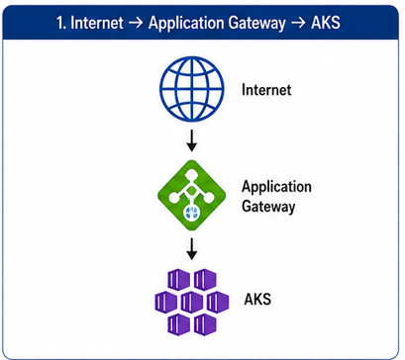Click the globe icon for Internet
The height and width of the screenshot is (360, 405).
coord(192,89)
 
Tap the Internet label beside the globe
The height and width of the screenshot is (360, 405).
coord(266,90)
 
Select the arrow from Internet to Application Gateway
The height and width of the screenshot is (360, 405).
coord(192,140)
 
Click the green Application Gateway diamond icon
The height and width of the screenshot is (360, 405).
coord(192,195)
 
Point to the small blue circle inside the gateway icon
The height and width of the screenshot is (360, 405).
coord(191,213)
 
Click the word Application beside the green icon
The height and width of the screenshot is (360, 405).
coord(276,188)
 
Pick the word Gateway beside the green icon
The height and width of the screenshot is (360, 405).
coord(268,207)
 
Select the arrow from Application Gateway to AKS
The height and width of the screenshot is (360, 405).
coord(192,249)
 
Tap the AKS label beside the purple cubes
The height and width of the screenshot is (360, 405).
coord(257,299)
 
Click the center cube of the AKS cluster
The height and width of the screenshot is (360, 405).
coord(192,302)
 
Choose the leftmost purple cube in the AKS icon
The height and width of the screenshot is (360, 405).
coord(166,302)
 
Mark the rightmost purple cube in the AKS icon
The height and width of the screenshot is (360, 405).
coord(218,302)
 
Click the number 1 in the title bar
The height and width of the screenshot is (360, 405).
coord(60,23)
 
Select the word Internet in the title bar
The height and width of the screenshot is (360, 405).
coord(97,23)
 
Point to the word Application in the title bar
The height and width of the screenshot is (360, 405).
coord(185,24)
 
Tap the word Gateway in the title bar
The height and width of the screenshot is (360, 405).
coord(256,24)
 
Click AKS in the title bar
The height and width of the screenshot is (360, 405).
coord(326,23)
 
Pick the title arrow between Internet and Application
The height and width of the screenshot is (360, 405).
coord(136,24)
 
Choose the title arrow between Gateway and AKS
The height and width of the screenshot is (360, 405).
coord(298,24)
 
